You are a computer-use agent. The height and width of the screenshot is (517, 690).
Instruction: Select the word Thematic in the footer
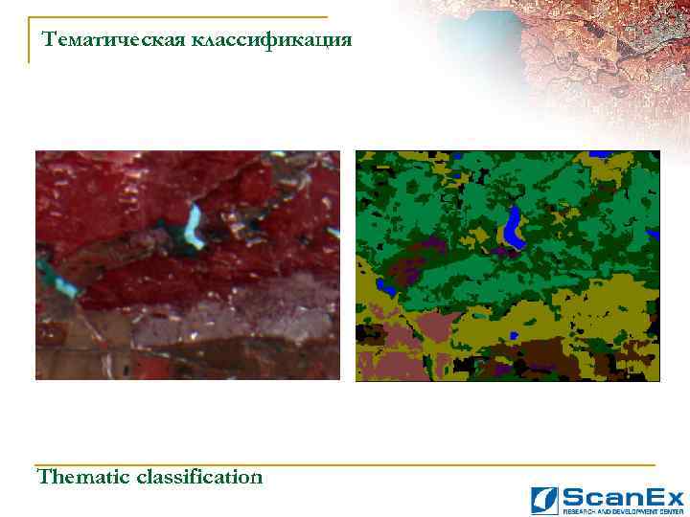(83, 476)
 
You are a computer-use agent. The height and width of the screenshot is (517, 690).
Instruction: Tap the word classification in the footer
(199, 476)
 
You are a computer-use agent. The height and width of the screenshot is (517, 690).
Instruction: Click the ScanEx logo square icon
(544, 501)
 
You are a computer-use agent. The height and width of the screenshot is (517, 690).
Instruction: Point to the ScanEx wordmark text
(622, 497)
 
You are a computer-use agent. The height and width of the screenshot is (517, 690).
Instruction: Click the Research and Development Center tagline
(622, 510)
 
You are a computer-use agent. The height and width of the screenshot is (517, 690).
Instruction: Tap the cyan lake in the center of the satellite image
(195, 226)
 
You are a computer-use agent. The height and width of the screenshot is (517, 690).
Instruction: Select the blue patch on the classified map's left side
(385, 285)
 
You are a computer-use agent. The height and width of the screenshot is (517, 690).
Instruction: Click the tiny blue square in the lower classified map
(515, 335)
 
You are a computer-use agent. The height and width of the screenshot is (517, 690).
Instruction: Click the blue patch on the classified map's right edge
(654, 235)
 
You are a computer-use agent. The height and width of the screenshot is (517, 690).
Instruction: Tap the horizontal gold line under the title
(182, 17)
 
